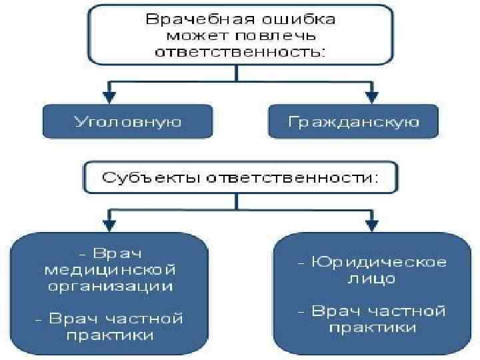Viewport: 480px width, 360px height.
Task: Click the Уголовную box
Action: coord(127,122)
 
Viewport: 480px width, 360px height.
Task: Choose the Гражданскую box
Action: coord(354,122)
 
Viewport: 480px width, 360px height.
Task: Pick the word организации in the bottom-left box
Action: coord(109,287)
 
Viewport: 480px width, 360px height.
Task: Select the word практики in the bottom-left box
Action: coord(109,335)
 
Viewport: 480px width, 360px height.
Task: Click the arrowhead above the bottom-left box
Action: coord(109,220)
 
